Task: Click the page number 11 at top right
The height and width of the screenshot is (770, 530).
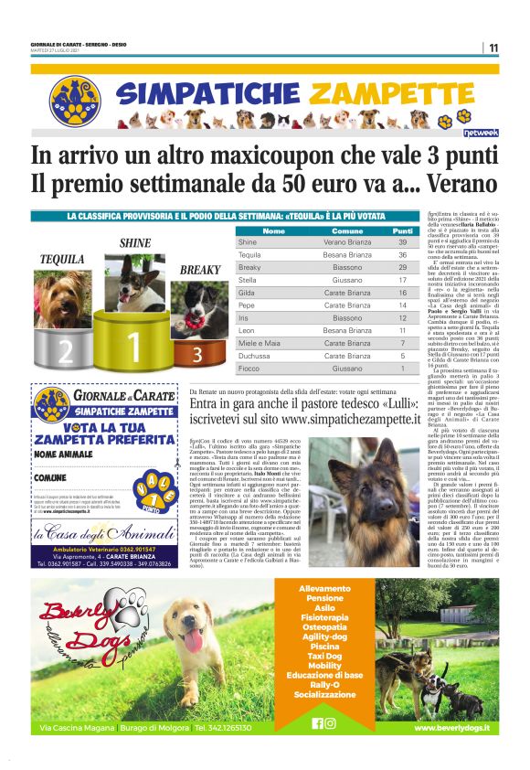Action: tap(493, 48)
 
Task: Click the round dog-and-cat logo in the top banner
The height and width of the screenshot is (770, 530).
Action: tap(74, 102)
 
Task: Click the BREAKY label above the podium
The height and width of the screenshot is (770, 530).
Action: tap(199, 270)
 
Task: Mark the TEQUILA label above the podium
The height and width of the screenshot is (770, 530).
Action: tap(61, 259)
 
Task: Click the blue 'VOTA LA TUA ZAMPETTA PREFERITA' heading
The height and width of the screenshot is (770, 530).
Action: tap(104, 433)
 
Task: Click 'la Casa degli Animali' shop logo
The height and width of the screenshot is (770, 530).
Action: tap(103, 534)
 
